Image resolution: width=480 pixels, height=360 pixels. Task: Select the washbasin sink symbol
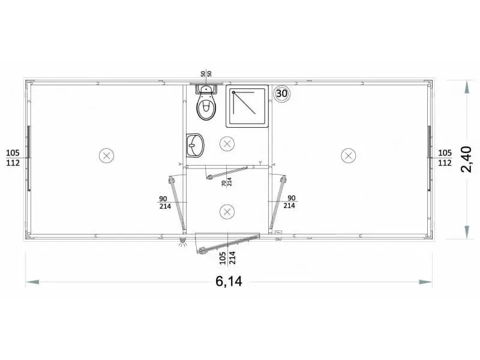pos(195,145)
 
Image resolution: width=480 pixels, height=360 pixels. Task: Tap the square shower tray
pos(247,106)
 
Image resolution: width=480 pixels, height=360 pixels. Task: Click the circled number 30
pos(281,93)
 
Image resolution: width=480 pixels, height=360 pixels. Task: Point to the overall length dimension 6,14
pos(229,281)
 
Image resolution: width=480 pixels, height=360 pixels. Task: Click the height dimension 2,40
pos(467,159)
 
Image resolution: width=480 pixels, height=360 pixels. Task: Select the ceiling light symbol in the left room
pos(107,155)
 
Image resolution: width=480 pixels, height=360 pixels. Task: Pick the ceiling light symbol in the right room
pos(348,155)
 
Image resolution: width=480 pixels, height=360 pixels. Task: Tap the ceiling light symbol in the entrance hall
pos(227,212)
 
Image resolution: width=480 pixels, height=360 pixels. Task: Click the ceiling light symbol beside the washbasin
pos(227,143)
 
